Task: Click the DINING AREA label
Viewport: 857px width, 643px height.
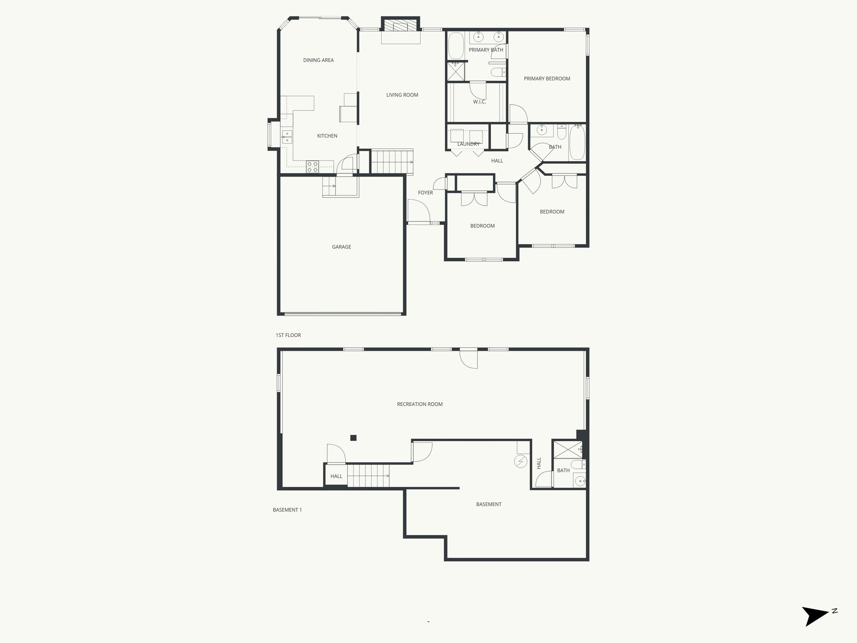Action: pyautogui.click(x=318, y=60)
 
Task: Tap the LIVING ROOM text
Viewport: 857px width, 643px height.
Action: pyautogui.click(x=402, y=95)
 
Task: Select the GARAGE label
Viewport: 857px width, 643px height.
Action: pyautogui.click(x=341, y=247)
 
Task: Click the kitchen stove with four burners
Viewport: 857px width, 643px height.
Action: pyautogui.click(x=312, y=167)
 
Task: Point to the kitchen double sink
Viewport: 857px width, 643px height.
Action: pyautogui.click(x=287, y=137)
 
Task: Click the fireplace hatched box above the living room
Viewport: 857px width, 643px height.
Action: pyautogui.click(x=400, y=26)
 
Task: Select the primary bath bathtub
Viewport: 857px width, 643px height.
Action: pyautogui.click(x=456, y=46)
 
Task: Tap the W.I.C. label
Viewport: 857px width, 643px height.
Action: pyautogui.click(x=480, y=102)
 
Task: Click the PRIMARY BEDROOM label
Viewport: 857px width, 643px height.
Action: pyautogui.click(x=547, y=79)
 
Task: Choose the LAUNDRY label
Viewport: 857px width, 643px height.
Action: pyautogui.click(x=468, y=144)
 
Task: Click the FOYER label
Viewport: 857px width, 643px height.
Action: pyautogui.click(x=426, y=193)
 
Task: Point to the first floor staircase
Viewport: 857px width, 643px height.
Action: pyautogui.click(x=392, y=162)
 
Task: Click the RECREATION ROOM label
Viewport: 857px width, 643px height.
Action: pyautogui.click(x=420, y=404)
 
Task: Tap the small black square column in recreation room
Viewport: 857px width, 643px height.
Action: pyautogui.click(x=353, y=438)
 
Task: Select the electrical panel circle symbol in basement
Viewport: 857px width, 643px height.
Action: pyautogui.click(x=521, y=462)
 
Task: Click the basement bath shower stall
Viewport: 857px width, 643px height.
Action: pyautogui.click(x=567, y=450)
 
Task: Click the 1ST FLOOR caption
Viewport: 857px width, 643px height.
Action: pyautogui.click(x=288, y=335)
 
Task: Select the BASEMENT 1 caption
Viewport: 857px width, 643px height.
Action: pyautogui.click(x=287, y=510)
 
